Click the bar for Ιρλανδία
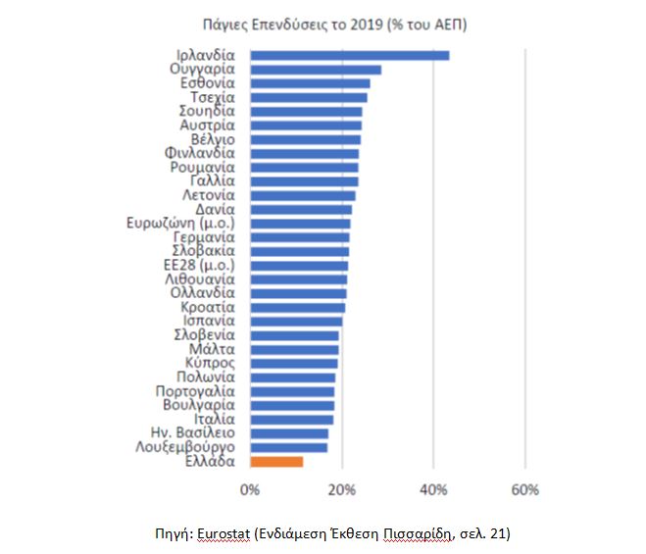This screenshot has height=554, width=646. coord(349,55)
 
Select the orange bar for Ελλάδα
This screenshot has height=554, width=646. coord(277,461)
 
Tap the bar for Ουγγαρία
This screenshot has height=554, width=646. coord(316,70)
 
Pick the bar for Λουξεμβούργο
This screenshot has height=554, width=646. coord(289,447)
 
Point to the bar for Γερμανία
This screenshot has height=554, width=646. coord(300,237)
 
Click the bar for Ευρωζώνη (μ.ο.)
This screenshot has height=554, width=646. coord(300,224)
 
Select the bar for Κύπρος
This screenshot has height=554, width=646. coord(294,363)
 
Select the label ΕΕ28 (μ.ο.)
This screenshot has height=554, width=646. coord(201,265)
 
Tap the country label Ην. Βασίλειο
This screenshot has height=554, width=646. coord(192,432)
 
